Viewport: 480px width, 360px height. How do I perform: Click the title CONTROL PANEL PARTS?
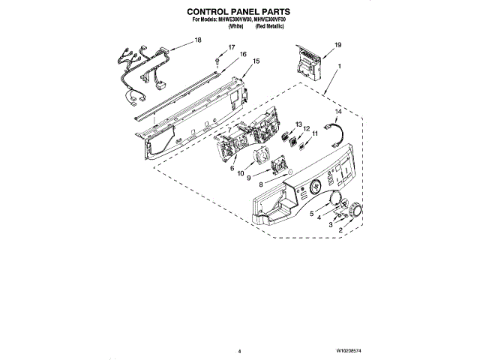click(238, 13)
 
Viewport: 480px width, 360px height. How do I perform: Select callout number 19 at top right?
click(337, 46)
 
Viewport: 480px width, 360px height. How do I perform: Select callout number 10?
click(241, 173)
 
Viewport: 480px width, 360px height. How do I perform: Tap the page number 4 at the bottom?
click(238, 350)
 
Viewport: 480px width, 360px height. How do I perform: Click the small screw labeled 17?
click(215, 59)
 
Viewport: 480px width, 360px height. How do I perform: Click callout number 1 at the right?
click(339, 67)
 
